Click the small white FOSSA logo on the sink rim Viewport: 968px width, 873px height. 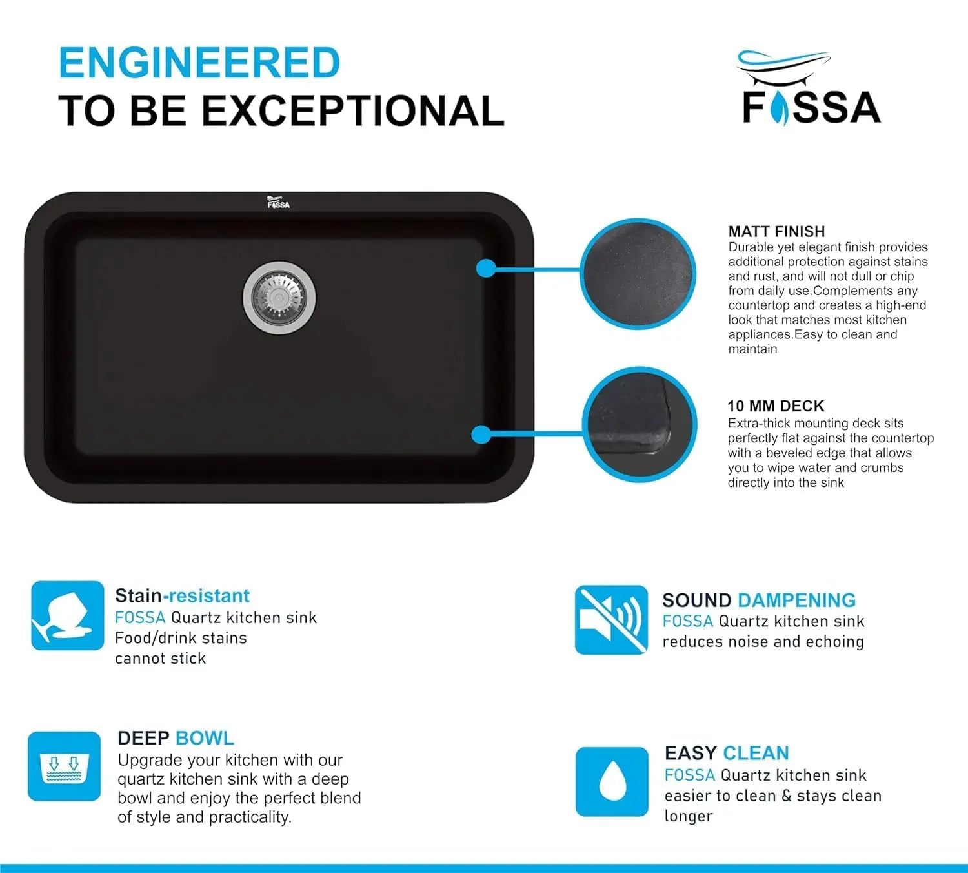coord(278,202)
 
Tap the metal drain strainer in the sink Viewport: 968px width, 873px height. coord(279,298)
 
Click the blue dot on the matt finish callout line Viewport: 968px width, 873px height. coord(486,269)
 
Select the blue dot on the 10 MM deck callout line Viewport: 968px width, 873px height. coord(481,435)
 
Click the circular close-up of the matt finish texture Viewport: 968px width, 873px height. coord(638,274)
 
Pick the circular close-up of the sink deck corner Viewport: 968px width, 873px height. coord(640,424)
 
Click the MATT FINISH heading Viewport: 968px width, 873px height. coord(776,231)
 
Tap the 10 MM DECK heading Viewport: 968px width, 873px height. coord(776,406)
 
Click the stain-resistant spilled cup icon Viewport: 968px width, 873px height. coord(68,615)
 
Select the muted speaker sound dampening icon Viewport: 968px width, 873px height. coord(611,620)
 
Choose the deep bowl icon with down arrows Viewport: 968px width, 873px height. coord(64,766)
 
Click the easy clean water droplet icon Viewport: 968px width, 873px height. coord(612,782)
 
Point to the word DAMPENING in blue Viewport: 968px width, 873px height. coord(797,601)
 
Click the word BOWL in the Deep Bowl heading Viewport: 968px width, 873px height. coord(205,738)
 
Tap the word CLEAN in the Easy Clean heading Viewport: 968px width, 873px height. coord(756,753)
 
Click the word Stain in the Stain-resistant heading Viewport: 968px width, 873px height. coord(139,596)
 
